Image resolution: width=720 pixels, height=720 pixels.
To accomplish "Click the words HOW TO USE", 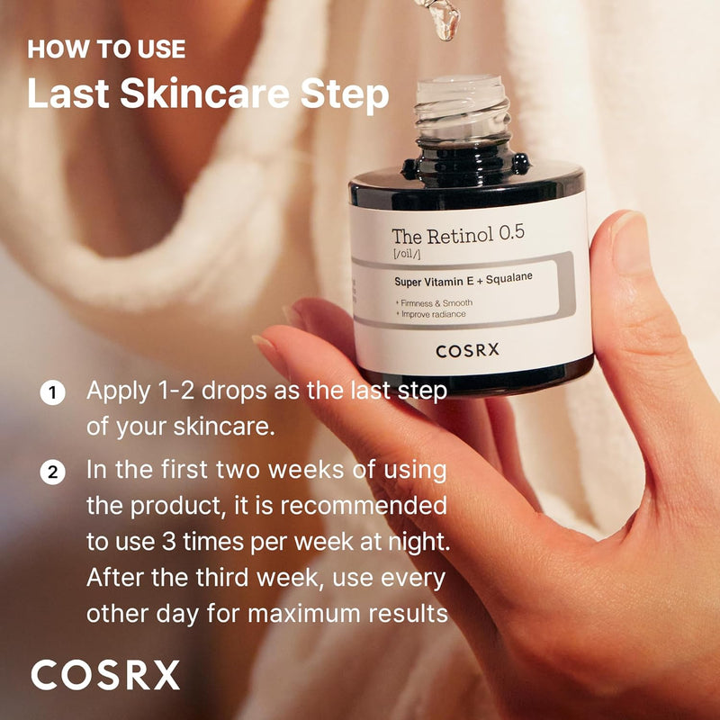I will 106,49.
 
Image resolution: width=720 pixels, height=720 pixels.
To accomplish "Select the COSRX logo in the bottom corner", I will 105,674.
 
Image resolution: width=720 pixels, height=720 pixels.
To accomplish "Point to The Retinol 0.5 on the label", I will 457,238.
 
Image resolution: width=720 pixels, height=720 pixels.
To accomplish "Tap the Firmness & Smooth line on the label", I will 434,302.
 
